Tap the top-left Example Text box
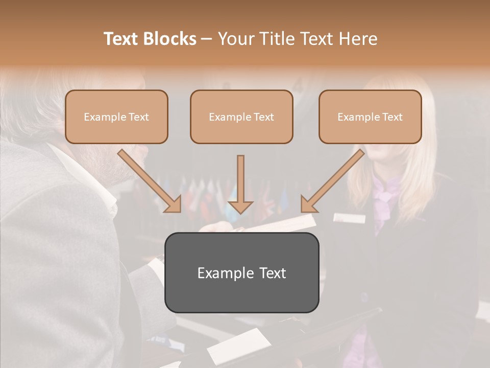(116, 117)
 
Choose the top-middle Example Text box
(241, 117)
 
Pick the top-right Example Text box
(370, 117)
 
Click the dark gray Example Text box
(241, 272)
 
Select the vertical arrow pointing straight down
(240, 184)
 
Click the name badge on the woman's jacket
(350, 218)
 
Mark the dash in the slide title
(207, 39)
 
